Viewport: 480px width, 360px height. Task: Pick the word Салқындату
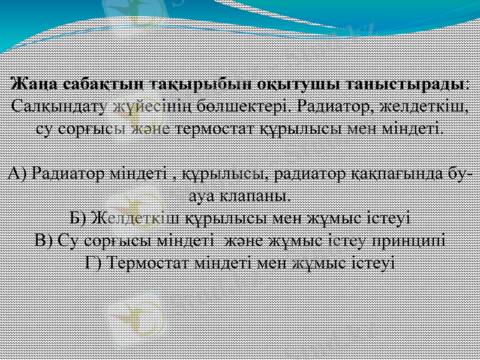(56, 107)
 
